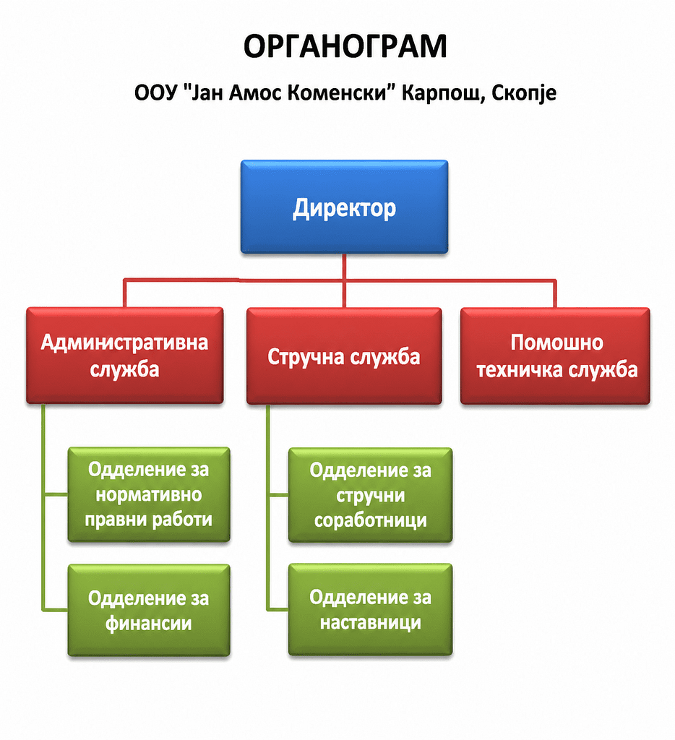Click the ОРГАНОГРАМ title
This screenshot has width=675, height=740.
click(x=345, y=47)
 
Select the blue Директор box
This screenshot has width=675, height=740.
click(x=344, y=207)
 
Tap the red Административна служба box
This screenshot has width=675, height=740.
click(x=124, y=356)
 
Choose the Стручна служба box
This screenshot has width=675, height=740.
click(x=344, y=356)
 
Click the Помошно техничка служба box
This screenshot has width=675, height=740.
click(x=555, y=356)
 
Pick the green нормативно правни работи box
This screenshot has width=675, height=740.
click(x=149, y=494)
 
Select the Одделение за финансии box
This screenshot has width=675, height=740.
click(x=149, y=610)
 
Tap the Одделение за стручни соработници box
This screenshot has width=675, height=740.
click(x=371, y=494)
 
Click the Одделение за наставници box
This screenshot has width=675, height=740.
click(x=371, y=609)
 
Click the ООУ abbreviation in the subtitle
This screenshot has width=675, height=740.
click(x=155, y=93)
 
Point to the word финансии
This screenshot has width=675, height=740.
click(x=149, y=624)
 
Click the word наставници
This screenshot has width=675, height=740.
click(x=371, y=622)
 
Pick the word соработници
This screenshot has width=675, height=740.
click(x=371, y=520)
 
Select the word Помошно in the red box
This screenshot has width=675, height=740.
click(x=557, y=343)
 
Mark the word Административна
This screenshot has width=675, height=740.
click(x=124, y=343)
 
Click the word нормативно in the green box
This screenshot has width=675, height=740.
click(x=149, y=494)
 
